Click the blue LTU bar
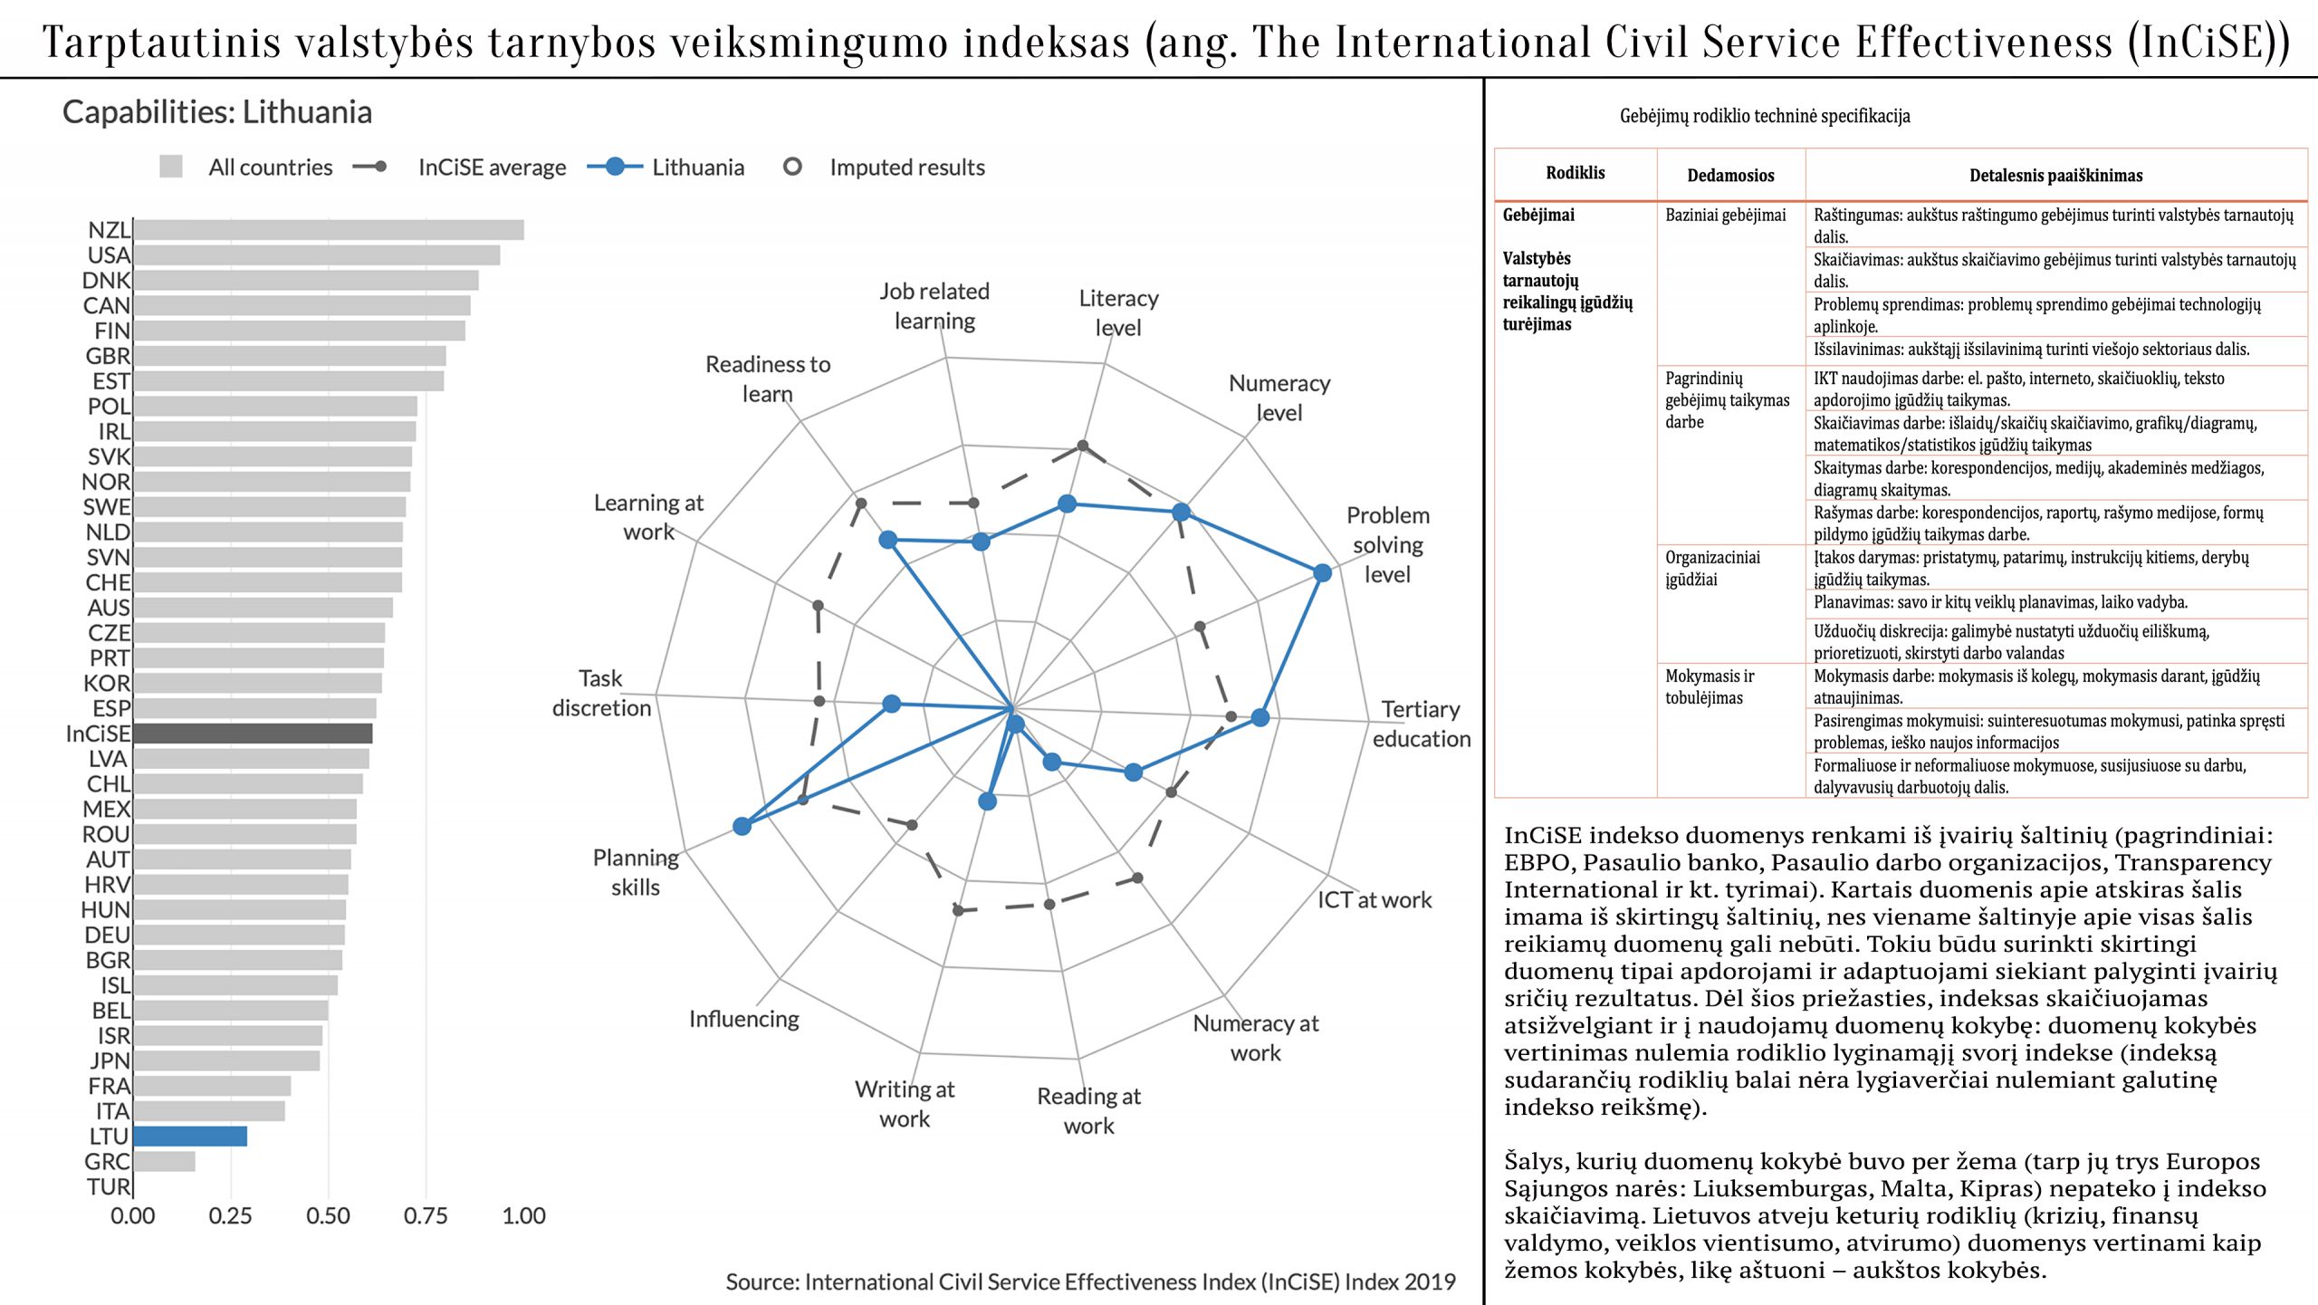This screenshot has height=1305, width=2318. tap(190, 1136)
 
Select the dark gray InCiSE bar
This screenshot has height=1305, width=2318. tap(253, 734)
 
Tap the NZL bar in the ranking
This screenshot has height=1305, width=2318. tap(328, 230)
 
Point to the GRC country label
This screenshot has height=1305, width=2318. tap(107, 1162)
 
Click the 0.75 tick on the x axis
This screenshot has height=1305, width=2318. tap(426, 1216)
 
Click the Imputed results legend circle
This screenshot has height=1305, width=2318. tap(792, 167)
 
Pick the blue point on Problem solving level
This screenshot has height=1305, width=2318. tap(1322, 572)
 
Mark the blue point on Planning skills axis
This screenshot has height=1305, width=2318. tap(742, 826)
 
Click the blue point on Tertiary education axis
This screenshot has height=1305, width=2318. tap(1260, 718)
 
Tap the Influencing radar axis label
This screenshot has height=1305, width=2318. tap(744, 1019)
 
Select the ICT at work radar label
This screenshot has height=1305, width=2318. tap(1374, 900)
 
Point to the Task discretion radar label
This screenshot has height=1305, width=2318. tap(601, 693)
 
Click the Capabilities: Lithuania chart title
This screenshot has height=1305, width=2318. tap(217, 112)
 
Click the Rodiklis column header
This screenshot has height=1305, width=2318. tap(1575, 173)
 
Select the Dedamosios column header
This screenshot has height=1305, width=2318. tap(1730, 176)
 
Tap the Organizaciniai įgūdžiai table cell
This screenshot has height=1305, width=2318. tap(1712, 569)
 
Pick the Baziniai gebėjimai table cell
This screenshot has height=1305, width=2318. tap(1725, 216)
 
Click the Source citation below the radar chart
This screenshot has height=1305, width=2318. tap(1090, 1282)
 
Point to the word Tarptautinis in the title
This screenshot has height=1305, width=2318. tap(162, 42)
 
